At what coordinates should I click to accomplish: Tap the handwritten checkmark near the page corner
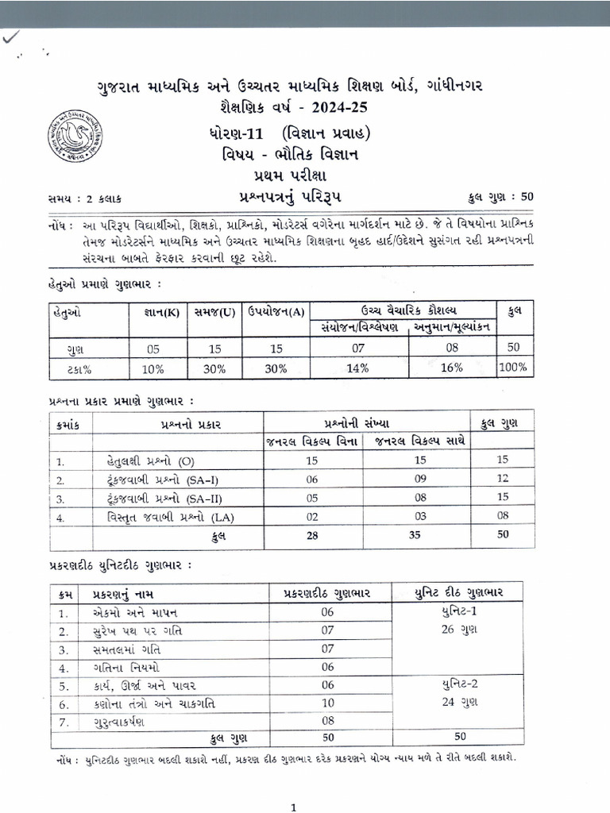(12, 37)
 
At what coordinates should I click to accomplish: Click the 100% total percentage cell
(515, 368)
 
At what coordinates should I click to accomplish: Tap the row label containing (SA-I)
(156, 480)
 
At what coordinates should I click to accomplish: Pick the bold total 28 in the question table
(312, 536)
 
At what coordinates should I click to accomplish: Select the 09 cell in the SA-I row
(421, 479)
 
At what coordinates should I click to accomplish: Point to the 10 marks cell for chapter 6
(327, 703)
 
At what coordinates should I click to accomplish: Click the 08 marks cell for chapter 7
(327, 722)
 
